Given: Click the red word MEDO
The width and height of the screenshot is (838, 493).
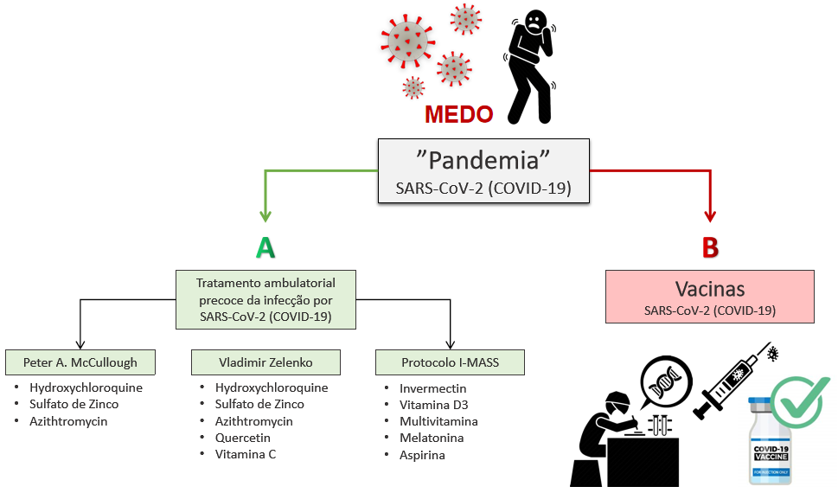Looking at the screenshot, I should pyautogui.click(x=458, y=114).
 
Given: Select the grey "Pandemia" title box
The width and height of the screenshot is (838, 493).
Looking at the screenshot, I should pyautogui.click(x=483, y=170).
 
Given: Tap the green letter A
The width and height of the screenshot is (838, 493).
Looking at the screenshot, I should pyautogui.click(x=265, y=248).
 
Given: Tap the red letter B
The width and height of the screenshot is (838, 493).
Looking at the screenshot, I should pyautogui.click(x=710, y=248).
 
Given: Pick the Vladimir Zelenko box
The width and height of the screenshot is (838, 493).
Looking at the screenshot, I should pyautogui.click(x=265, y=362).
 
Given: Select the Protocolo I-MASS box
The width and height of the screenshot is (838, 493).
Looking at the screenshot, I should pyautogui.click(x=450, y=362).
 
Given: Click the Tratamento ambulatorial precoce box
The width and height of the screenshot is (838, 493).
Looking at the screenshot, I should pyautogui.click(x=265, y=299).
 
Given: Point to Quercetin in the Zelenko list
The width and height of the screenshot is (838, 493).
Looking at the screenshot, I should pyautogui.click(x=244, y=438).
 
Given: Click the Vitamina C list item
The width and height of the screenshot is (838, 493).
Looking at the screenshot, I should pyautogui.click(x=246, y=454).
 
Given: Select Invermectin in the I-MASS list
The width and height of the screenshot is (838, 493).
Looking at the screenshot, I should pyautogui.click(x=432, y=388).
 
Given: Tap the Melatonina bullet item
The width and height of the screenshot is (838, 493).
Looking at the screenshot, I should pyautogui.click(x=431, y=438).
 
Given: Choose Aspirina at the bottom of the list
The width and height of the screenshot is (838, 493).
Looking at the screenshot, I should pyautogui.click(x=422, y=454).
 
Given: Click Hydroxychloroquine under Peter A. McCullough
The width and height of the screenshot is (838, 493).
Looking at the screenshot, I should pyautogui.click(x=86, y=387).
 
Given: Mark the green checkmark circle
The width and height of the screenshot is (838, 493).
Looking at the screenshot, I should pyautogui.click(x=800, y=402).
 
